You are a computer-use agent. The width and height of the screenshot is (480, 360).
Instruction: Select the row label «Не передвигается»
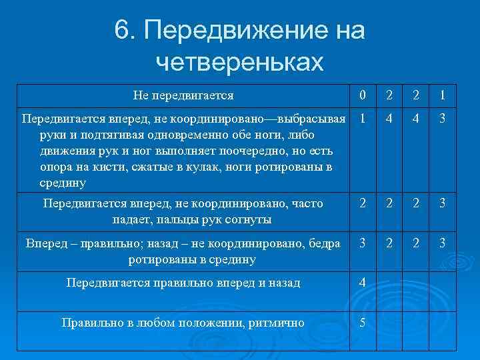(183, 95)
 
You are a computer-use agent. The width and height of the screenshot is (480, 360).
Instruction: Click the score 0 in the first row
(362, 95)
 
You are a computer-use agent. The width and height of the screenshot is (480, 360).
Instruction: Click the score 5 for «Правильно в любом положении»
(362, 323)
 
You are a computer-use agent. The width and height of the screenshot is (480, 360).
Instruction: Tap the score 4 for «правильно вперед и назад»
(362, 282)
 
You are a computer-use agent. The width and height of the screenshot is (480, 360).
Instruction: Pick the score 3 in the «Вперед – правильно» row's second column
(362, 243)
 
